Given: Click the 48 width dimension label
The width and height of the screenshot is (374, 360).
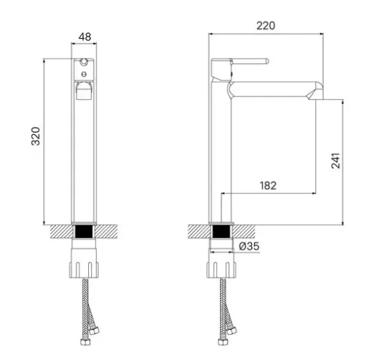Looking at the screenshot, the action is click(85, 37).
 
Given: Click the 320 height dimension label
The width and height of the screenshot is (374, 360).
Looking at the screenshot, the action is click(36, 136).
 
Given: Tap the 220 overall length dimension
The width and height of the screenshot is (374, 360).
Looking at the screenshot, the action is click(266, 26).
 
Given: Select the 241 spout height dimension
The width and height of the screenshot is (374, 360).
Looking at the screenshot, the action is click(336, 161).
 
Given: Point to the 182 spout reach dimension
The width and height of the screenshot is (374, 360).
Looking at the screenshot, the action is click(268, 186).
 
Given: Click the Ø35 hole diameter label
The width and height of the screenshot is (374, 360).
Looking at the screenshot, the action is click(249, 246).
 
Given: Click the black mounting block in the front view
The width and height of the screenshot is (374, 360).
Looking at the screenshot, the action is click(84, 232).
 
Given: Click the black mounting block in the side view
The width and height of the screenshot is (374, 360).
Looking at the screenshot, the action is click(221, 232).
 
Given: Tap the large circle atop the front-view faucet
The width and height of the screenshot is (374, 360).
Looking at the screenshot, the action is click(84, 62).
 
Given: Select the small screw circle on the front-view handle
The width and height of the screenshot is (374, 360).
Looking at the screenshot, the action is click(84, 74).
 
